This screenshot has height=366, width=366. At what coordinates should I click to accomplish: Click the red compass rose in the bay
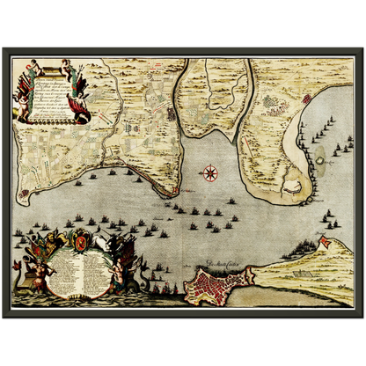210,172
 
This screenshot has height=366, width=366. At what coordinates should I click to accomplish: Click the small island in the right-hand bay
318,157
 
